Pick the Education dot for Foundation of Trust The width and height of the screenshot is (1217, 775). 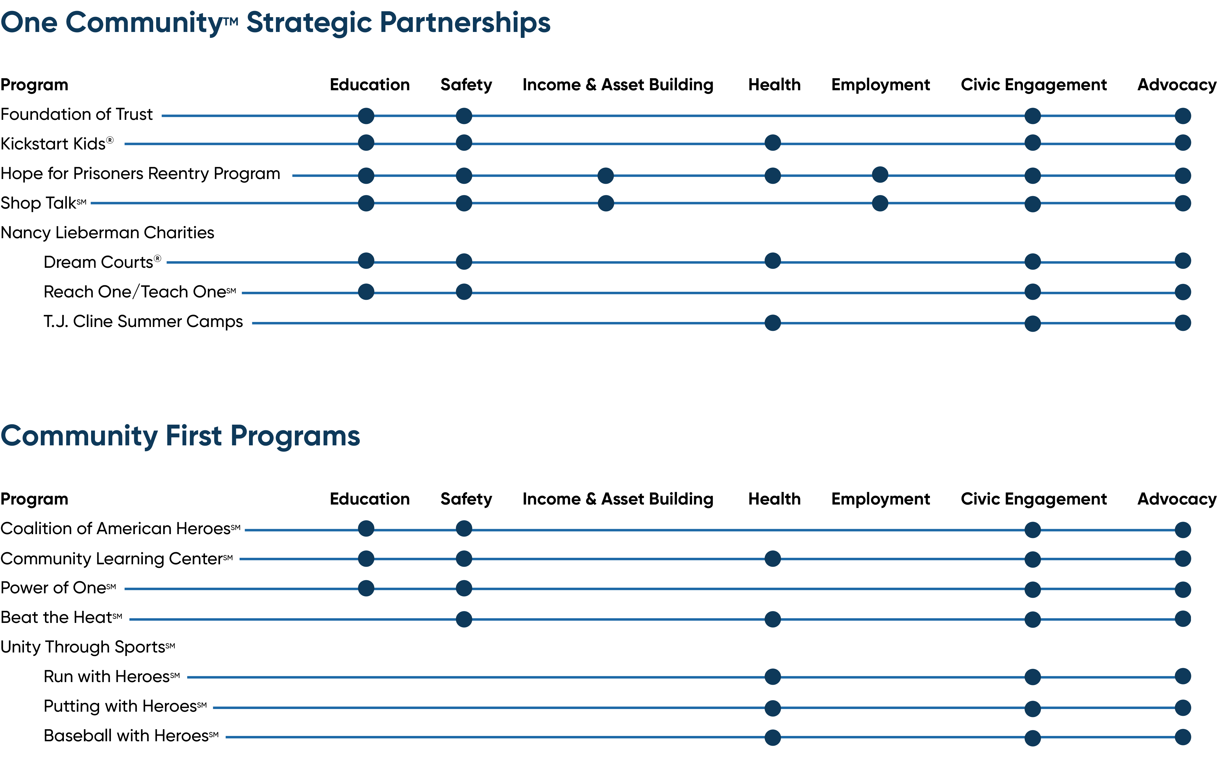(366, 116)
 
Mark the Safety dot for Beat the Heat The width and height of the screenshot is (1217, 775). (464, 619)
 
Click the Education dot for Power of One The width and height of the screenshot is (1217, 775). (366, 588)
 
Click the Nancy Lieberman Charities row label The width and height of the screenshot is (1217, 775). (107, 233)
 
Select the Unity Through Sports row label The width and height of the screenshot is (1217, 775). (88, 647)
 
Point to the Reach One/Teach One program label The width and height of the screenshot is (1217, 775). (140, 292)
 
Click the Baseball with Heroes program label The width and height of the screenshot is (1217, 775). (131, 736)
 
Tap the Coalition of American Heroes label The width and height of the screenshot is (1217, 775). (120, 528)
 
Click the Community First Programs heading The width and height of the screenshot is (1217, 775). (180, 436)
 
